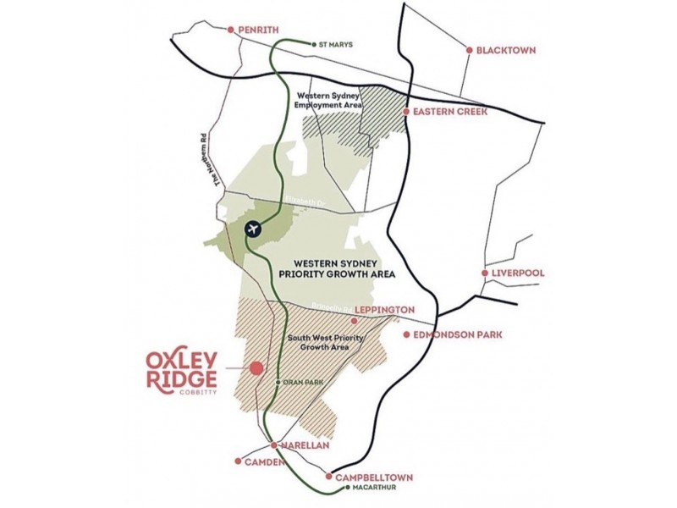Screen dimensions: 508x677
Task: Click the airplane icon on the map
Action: click(x=253, y=228)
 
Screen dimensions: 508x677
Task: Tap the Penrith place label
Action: click(x=259, y=29)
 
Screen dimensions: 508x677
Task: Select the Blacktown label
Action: click(x=505, y=50)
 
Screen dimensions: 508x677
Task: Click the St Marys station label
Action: click(x=336, y=44)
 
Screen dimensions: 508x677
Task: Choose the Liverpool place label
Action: click(x=517, y=273)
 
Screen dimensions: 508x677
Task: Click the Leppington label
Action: click(x=384, y=310)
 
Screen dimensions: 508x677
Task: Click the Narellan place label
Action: click(x=298, y=444)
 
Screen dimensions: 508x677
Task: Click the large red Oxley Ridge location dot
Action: click(x=256, y=367)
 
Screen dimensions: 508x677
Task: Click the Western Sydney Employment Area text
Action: click(x=327, y=101)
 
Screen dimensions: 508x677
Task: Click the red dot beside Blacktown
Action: click(x=470, y=50)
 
